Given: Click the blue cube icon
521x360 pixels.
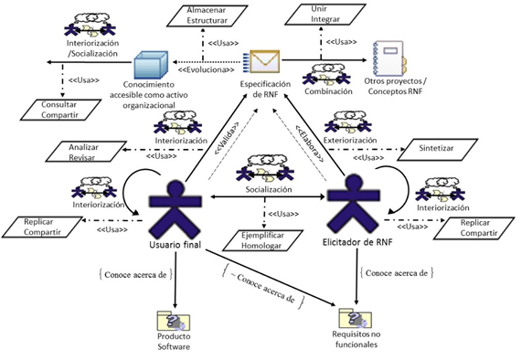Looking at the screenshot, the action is (151, 65).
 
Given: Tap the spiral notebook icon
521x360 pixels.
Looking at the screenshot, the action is (389, 58).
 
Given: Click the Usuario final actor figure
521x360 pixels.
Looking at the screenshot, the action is (175, 209).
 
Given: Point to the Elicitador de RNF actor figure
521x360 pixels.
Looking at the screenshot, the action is (354, 205).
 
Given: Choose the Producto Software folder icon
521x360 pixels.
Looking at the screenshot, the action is (174, 321).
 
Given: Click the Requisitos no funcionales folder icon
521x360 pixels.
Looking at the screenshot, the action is (356, 318).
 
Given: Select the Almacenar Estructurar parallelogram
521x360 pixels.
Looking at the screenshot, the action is (207, 16).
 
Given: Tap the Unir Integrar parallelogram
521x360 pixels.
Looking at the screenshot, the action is (325, 14).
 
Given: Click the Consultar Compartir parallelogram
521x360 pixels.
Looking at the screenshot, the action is (60, 110).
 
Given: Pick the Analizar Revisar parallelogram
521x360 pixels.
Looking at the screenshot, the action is (86, 152).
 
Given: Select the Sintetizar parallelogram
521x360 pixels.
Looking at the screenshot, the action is (437, 150).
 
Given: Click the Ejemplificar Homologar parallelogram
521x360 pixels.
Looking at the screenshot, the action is (262, 240).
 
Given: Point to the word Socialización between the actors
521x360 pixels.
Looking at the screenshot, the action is (269, 190).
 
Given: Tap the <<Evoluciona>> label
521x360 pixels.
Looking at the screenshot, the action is (206, 70).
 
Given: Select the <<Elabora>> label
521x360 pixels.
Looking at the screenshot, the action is (310, 143).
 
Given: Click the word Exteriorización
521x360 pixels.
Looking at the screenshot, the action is (350, 141).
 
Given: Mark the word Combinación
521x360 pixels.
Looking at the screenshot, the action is (328, 91).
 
